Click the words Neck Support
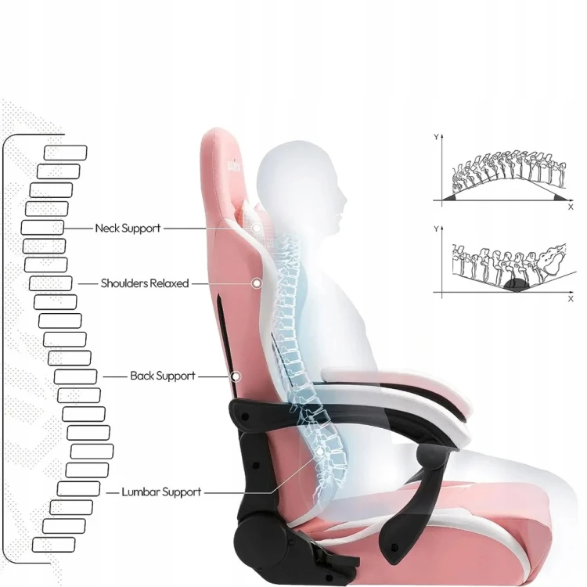[x=128, y=228]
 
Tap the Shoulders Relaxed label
[x=145, y=283]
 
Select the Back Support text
[x=163, y=376]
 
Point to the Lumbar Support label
[x=161, y=492]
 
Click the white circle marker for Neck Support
[x=257, y=228]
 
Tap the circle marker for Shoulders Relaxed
[x=257, y=283]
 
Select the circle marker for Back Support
[x=236, y=376]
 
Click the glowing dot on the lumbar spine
[x=319, y=452]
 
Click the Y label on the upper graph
[x=436, y=138]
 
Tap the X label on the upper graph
[x=571, y=207]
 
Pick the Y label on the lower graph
[x=436, y=229]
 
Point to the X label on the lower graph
[x=571, y=298]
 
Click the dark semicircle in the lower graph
[x=517, y=286]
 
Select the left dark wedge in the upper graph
[x=450, y=197]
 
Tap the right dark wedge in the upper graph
[x=560, y=197]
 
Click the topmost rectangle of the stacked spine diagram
[x=66, y=153]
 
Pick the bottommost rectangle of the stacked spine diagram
[x=53, y=545]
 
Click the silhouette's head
[x=300, y=180]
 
